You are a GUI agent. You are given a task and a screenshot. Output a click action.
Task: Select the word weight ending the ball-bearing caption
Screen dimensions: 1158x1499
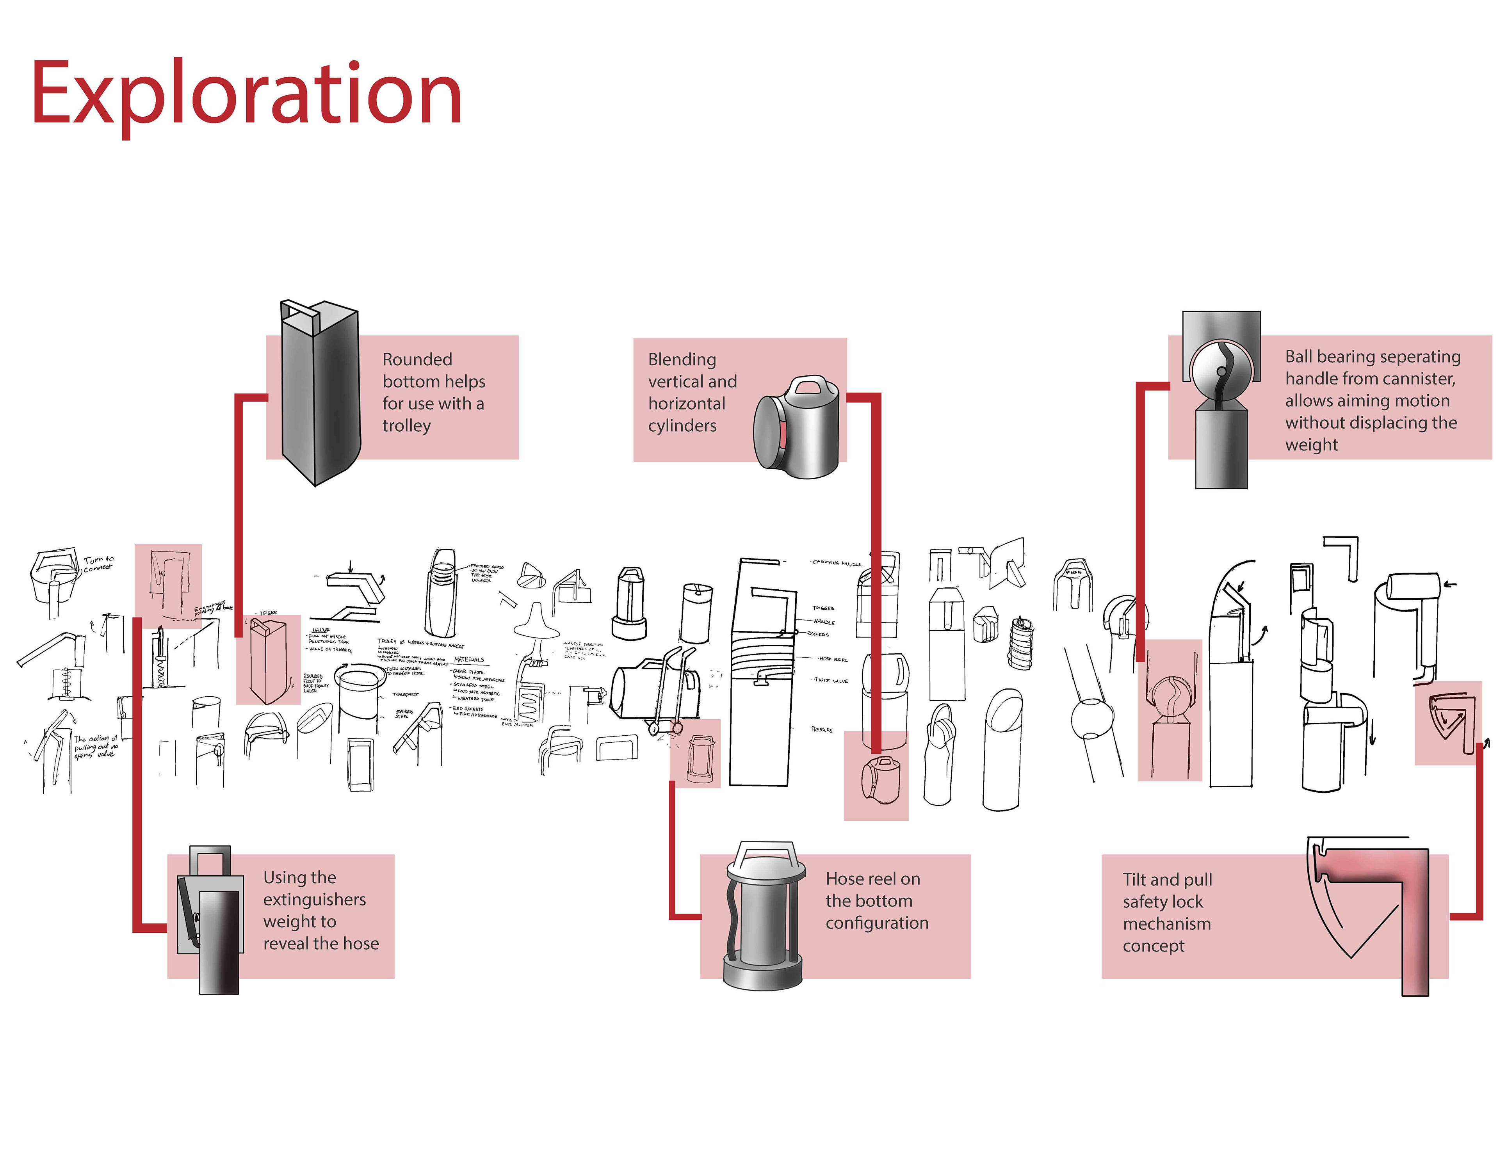1311,445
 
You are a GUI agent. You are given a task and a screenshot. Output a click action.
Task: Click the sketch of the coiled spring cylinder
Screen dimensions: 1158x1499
1021,643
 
